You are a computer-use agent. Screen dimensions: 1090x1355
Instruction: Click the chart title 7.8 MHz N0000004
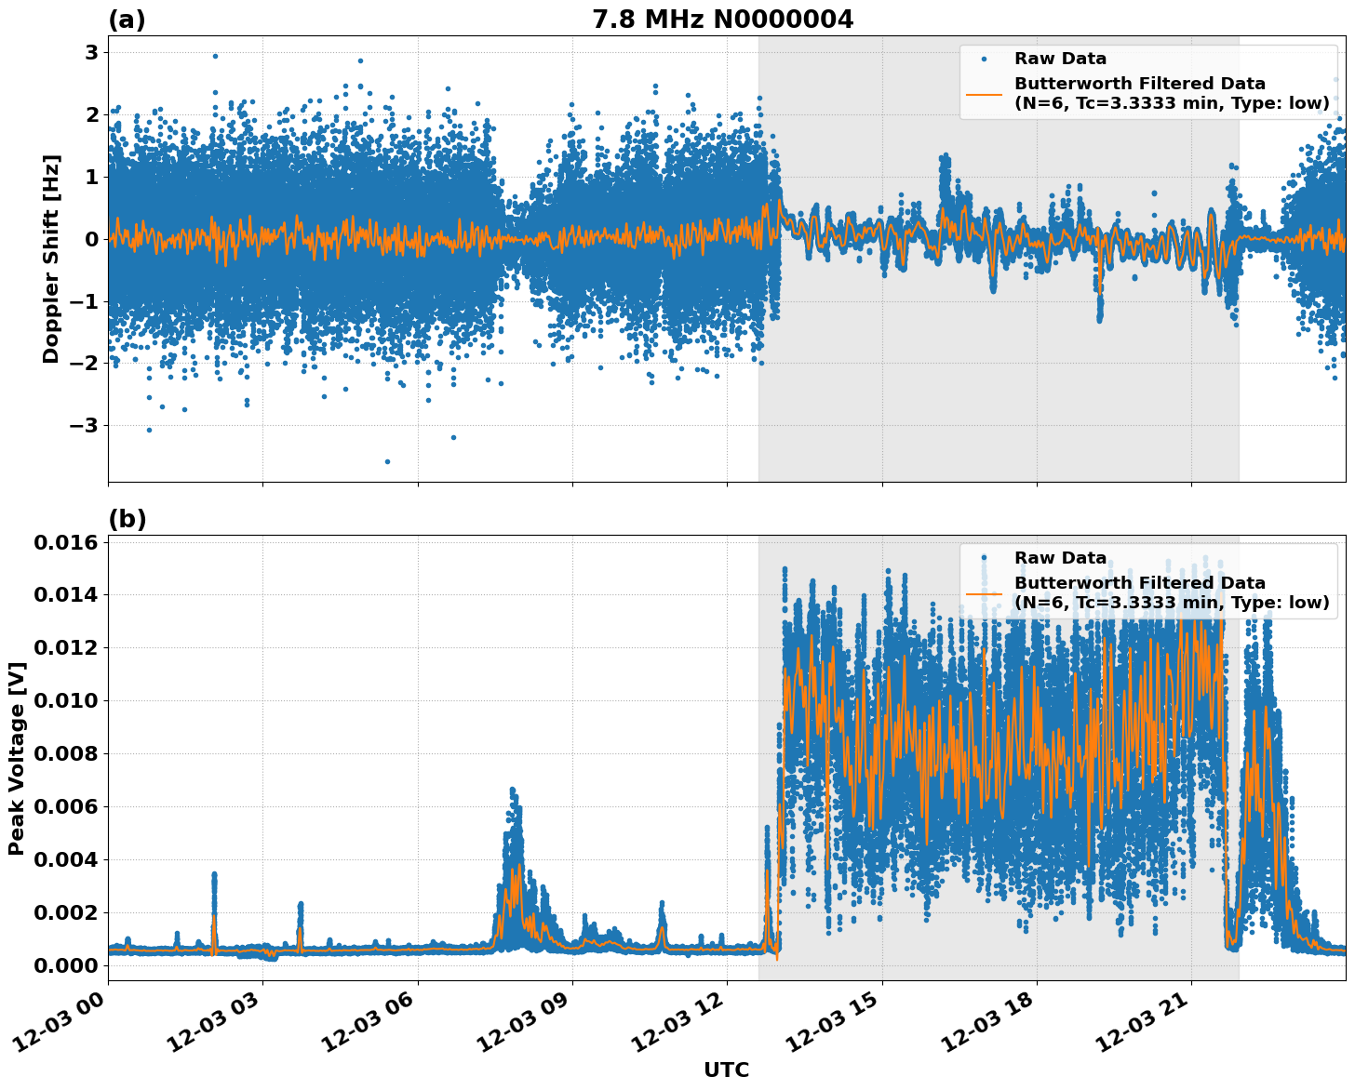722,20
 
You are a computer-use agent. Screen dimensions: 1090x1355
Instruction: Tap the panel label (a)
127,20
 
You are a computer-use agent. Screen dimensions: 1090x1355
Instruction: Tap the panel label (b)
127,519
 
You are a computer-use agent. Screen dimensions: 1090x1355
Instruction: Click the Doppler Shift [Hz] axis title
51,259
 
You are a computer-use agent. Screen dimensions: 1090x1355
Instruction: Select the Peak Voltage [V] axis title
16,758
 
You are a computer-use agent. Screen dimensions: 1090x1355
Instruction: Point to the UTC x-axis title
726,1070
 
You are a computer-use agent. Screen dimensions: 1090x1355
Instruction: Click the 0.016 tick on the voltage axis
65,542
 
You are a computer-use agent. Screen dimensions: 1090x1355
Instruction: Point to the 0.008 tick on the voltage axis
65,753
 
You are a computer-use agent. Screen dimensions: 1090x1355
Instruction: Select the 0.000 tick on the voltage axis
65,965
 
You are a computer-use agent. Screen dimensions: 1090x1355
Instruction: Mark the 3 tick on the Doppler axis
91,53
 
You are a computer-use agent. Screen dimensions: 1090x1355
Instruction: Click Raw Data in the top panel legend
1060,59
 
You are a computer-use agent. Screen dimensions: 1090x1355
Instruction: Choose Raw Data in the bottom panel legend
1060,558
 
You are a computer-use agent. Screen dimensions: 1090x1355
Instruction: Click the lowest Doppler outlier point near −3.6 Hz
387,461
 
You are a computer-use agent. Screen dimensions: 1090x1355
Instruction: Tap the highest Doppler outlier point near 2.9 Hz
215,56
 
